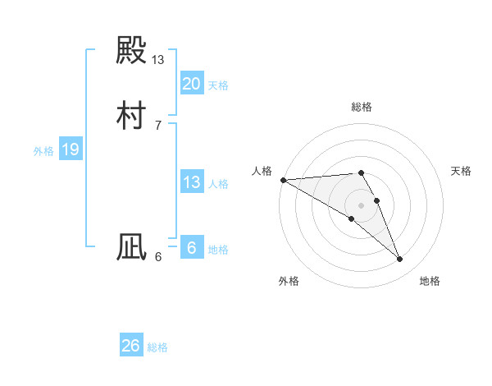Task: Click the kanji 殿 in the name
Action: click(x=131, y=52)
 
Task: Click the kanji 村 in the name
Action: click(x=131, y=114)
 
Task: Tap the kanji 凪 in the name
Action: click(x=131, y=247)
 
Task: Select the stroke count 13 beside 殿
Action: click(x=158, y=60)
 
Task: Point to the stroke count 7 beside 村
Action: click(x=157, y=125)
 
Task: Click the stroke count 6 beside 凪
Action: click(x=158, y=257)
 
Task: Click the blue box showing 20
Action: click(x=191, y=84)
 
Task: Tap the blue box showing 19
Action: click(x=70, y=150)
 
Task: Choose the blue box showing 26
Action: click(x=130, y=346)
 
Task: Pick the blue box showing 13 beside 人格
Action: click(x=191, y=182)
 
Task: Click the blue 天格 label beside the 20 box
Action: click(x=218, y=85)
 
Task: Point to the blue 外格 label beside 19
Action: click(x=43, y=151)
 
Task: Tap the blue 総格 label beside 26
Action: click(x=157, y=347)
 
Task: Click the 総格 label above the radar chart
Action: click(x=362, y=108)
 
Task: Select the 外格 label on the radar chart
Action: click(x=289, y=281)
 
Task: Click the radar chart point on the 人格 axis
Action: click(x=283, y=180)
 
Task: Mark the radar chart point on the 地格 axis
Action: click(x=400, y=260)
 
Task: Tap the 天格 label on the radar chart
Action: click(x=462, y=171)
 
